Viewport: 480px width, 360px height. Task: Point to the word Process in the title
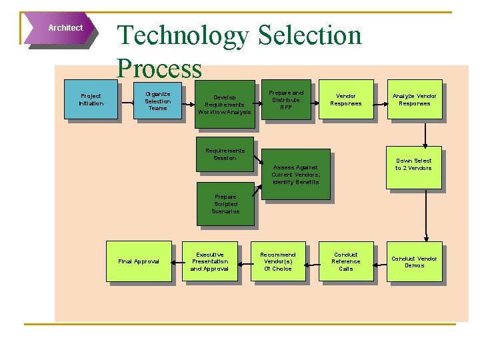(x=159, y=68)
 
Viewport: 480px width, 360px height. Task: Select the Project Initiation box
(x=91, y=99)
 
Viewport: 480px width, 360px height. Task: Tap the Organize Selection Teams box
(x=158, y=100)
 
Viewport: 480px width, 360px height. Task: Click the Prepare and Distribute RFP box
(x=285, y=99)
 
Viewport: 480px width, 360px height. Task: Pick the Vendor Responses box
(x=346, y=99)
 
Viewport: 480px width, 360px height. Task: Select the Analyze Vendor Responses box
(x=414, y=99)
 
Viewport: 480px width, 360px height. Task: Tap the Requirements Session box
(x=224, y=154)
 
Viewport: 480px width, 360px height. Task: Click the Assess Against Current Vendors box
(x=295, y=174)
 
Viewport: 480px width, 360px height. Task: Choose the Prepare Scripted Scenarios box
(x=225, y=203)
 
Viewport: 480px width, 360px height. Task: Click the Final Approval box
(x=139, y=261)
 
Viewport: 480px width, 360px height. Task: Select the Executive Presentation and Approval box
(x=209, y=261)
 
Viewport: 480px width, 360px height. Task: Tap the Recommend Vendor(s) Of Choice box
(x=277, y=261)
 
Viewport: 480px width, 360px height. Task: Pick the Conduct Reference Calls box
(x=346, y=261)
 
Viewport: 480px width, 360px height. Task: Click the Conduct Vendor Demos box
(x=414, y=261)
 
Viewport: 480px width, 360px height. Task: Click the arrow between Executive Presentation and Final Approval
(x=177, y=261)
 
